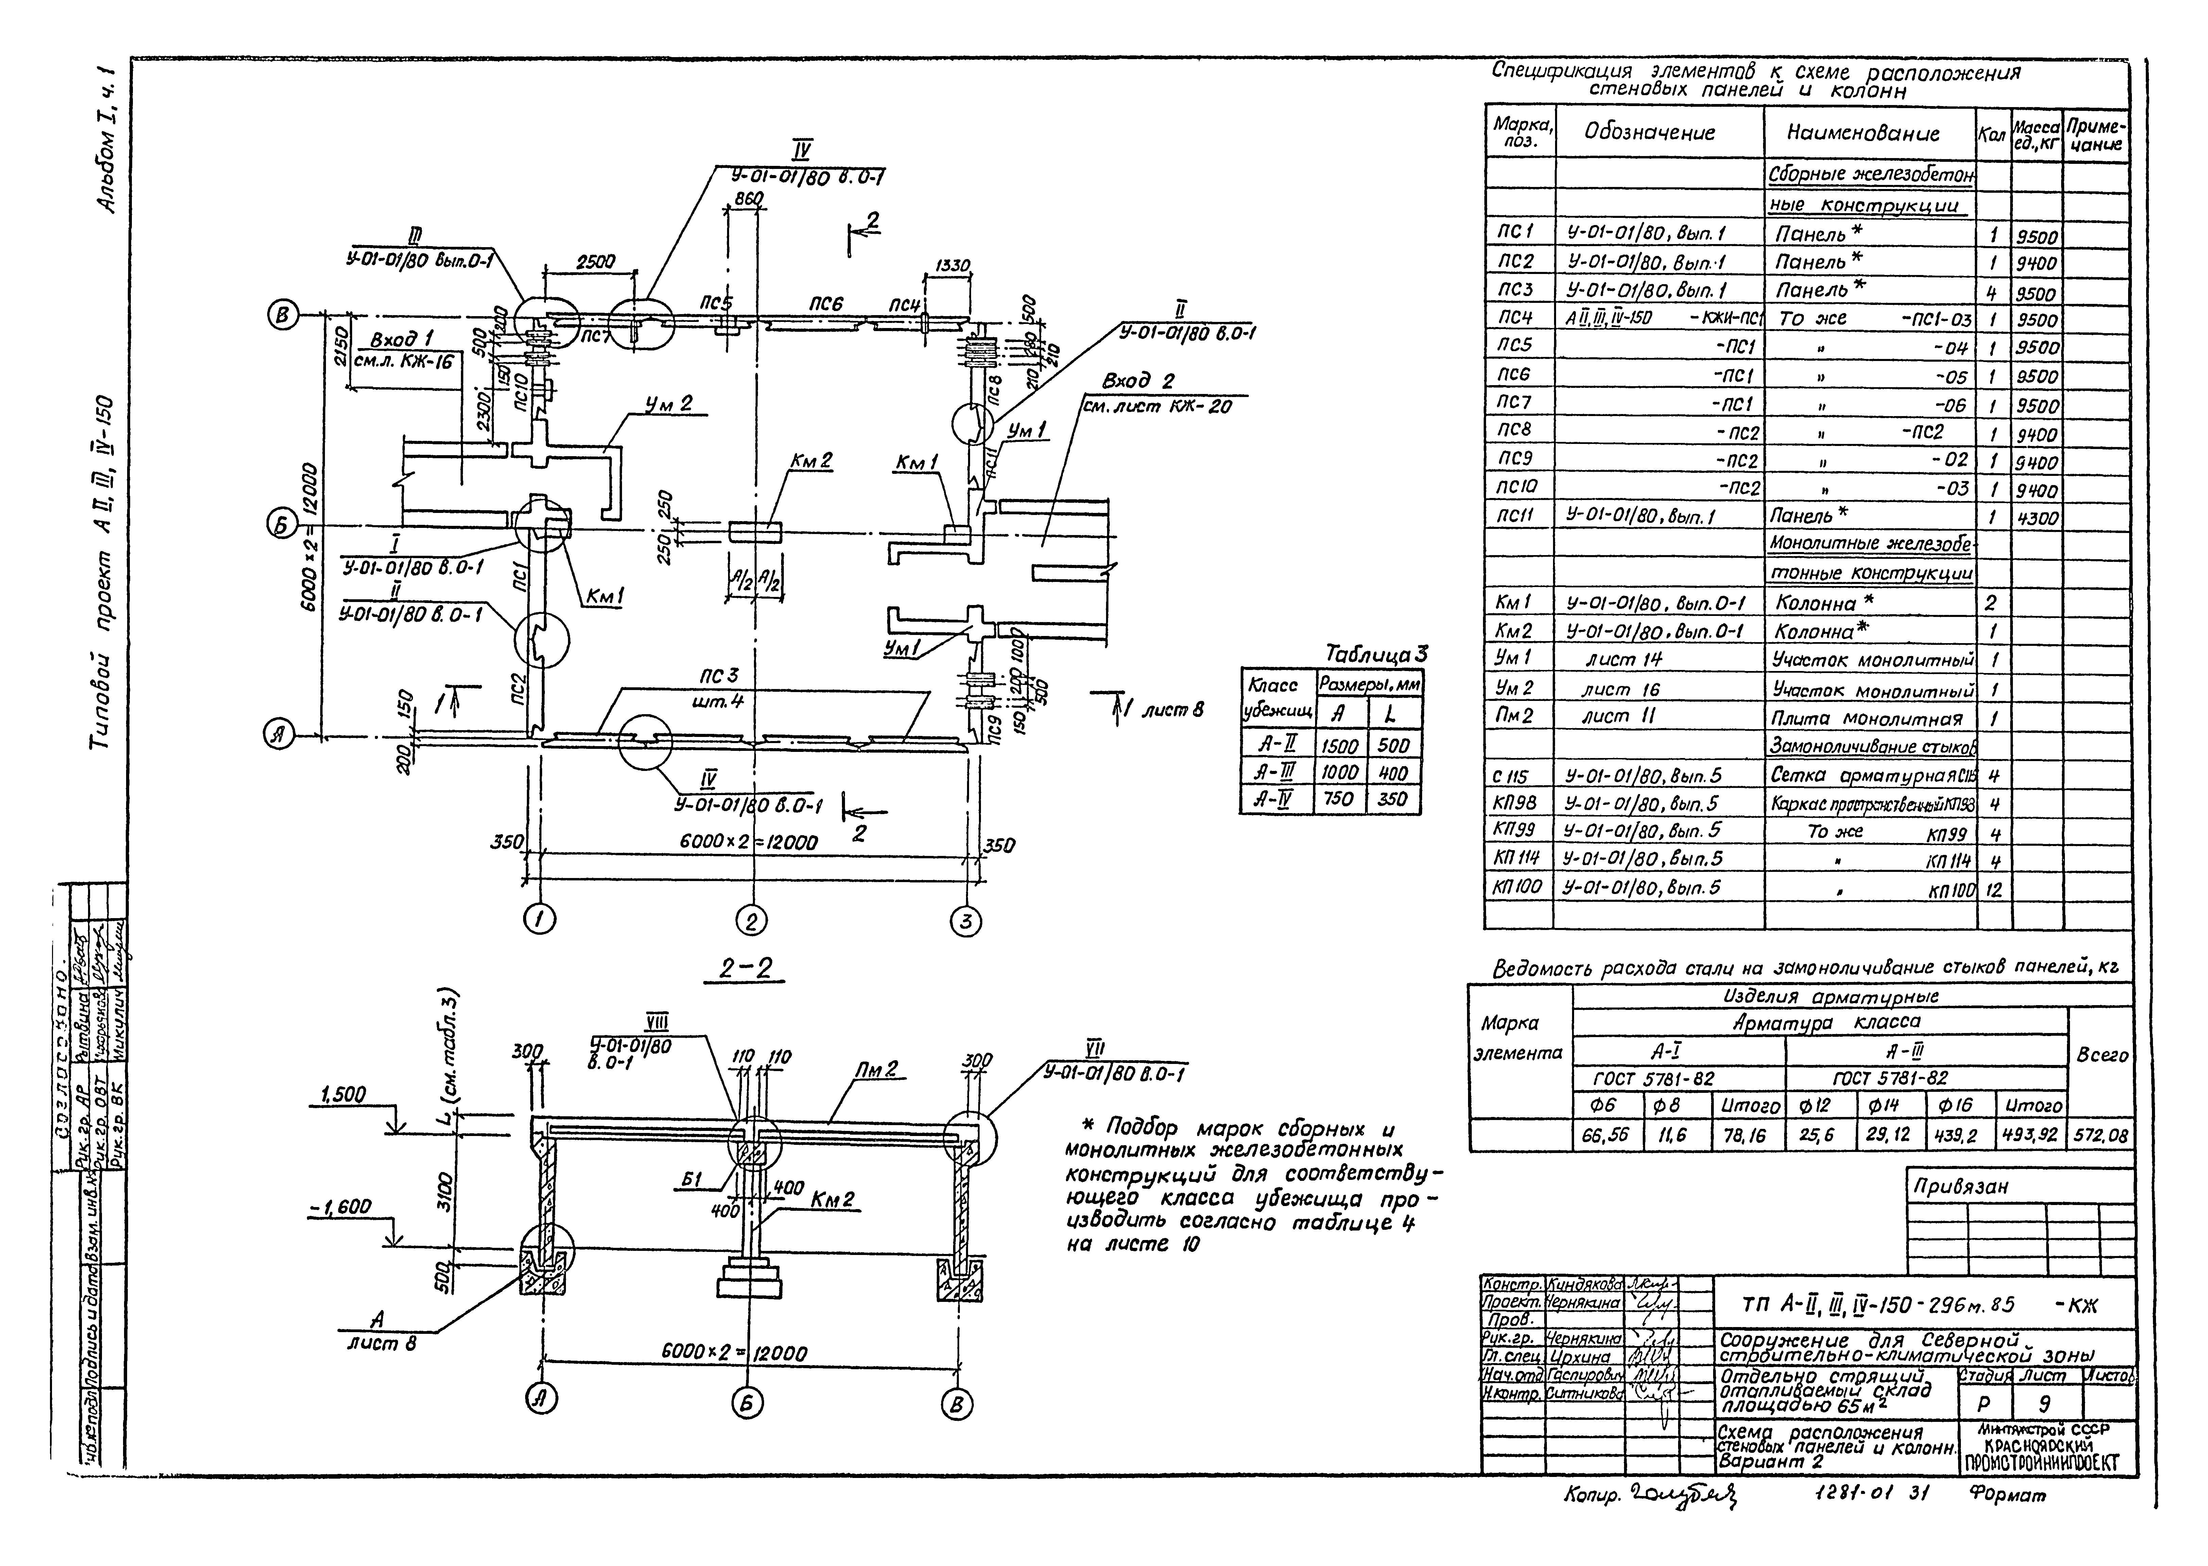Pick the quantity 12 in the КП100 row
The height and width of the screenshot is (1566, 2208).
(x=1993, y=889)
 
